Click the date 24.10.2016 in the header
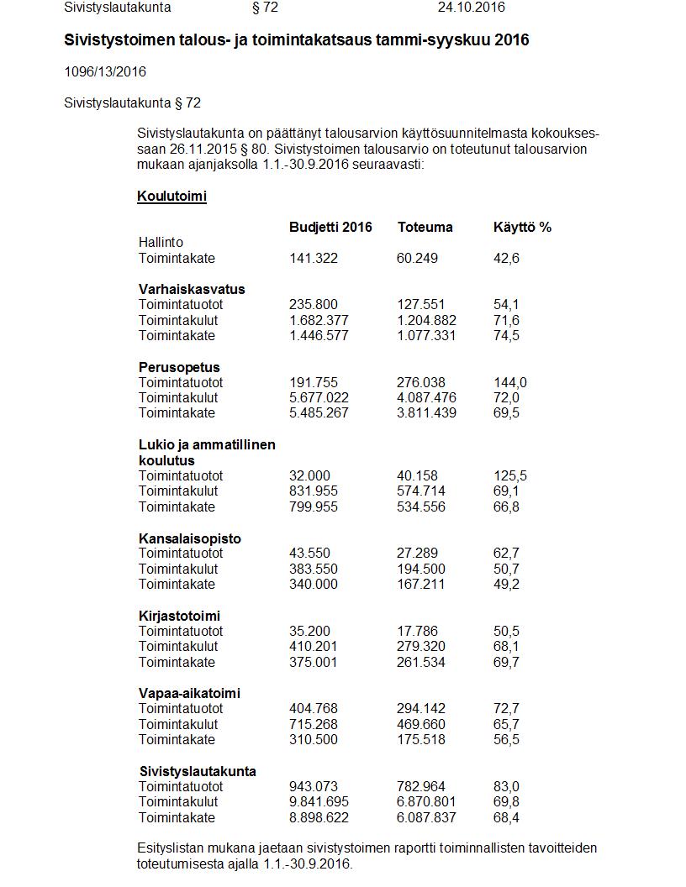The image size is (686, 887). (x=471, y=8)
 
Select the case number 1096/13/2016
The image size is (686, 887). (x=105, y=71)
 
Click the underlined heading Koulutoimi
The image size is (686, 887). (x=171, y=197)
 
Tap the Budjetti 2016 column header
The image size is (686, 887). (x=330, y=227)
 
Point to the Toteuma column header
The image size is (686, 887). (x=425, y=227)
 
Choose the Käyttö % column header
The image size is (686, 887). (x=522, y=227)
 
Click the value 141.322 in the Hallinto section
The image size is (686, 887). (x=313, y=258)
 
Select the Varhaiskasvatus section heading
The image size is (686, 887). (x=192, y=289)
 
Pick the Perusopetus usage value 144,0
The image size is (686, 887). (x=509, y=382)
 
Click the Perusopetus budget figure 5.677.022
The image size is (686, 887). (x=319, y=397)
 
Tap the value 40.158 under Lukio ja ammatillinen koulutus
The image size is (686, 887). (x=417, y=475)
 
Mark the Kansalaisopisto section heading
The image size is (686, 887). (x=189, y=538)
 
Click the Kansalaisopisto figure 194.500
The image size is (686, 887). (x=420, y=569)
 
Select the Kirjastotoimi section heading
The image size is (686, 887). (x=179, y=616)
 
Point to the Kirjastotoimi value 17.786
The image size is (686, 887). (x=417, y=631)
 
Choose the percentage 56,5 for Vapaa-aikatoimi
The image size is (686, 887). (x=506, y=739)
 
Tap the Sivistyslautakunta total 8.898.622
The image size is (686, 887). (x=319, y=817)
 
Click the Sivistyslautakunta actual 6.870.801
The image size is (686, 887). (x=426, y=802)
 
